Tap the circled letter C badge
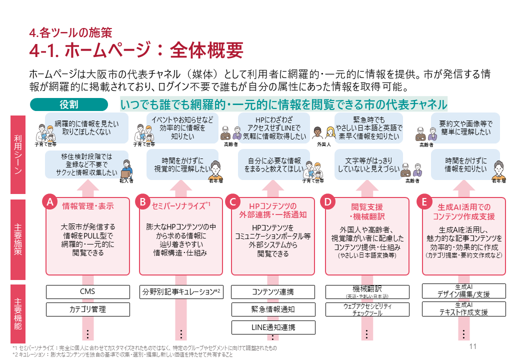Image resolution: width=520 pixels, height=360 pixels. pos(232,202)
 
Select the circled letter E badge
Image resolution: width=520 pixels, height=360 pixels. pos(424,202)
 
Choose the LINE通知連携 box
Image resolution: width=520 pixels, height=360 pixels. pos(273,327)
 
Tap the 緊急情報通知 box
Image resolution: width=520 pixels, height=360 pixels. pos(273,309)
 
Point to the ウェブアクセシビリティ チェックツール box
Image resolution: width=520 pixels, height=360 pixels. pos(367,309)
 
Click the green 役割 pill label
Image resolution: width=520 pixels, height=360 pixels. pos(69,104)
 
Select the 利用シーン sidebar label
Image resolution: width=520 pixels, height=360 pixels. pos(18,155)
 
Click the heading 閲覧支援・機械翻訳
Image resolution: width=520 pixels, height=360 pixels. pos(367,211)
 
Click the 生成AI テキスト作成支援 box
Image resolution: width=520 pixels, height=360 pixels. pos(463,309)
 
